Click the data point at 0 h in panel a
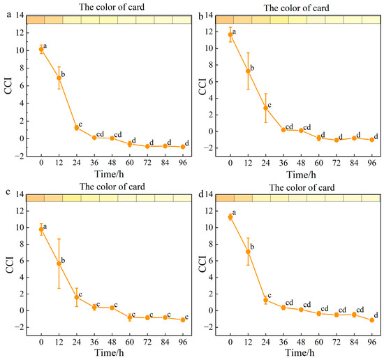coord(41,49)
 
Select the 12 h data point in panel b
coord(249,71)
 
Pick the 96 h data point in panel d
coord(371,319)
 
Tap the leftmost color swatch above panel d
coord(226,198)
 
